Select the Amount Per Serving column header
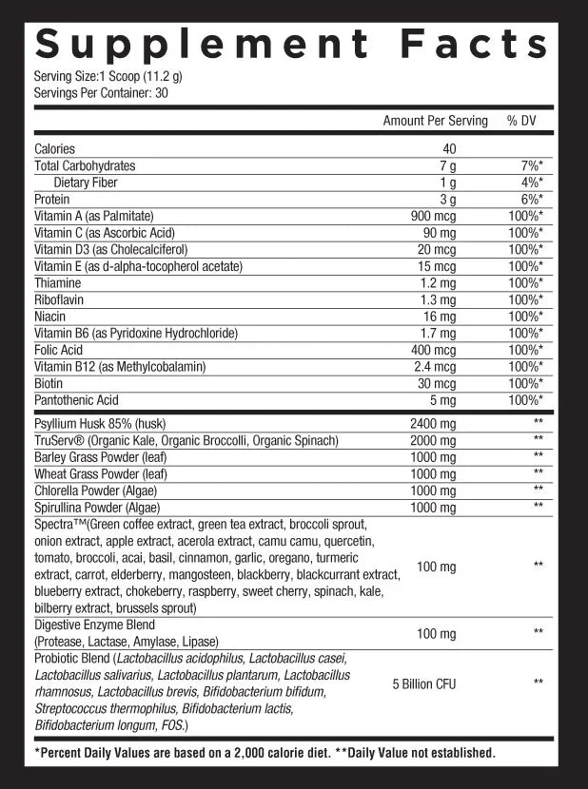point(435,121)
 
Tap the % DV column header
point(523,121)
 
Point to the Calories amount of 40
point(449,149)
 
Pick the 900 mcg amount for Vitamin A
point(433,216)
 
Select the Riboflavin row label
point(60,299)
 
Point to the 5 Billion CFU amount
point(423,683)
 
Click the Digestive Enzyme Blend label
point(94,625)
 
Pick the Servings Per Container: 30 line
point(100,92)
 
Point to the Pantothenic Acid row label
point(76,400)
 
